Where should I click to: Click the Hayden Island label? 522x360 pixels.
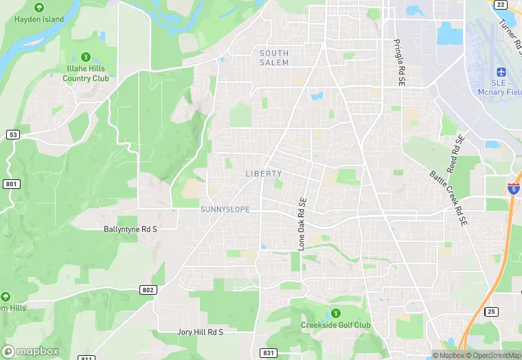click(x=38, y=19)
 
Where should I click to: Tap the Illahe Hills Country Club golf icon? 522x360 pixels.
click(x=86, y=56)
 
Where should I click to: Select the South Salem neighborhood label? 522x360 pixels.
click(x=274, y=58)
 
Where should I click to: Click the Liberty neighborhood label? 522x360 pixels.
click(x=264, y=174)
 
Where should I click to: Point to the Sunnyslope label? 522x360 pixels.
click(x=225, y=209)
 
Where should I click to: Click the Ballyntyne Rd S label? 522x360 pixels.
click(x=130, y=229)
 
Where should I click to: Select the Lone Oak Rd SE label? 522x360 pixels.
click(x=302, y=223)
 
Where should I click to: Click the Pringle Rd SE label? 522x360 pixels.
click(x=399, y=62)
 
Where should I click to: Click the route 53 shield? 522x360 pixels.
click(x=13, y=135)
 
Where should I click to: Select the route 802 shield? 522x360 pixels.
click(x=148, y=290)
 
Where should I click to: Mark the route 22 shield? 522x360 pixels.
click(x=501, y=4)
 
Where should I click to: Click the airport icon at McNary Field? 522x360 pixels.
click(x=499, y=72)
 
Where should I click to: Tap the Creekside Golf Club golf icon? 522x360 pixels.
click(x=335, y=313)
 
